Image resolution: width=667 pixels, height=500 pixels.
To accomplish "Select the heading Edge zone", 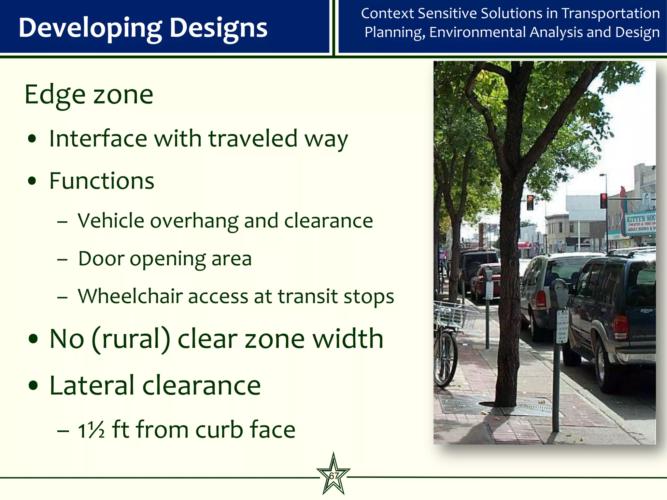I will [89, 95].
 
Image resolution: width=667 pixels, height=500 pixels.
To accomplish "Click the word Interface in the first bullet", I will [98, 139].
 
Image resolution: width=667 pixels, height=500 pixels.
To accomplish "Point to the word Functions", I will [102, 181].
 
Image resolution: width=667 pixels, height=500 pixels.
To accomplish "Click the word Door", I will [101, 259].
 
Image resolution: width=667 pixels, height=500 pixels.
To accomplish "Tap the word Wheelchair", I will [130, 296].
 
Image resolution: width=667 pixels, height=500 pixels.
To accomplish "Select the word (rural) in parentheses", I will [131, 339].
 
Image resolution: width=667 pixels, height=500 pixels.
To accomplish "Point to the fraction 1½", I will [91, 430].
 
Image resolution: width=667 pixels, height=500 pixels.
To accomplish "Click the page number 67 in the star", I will [333, 476].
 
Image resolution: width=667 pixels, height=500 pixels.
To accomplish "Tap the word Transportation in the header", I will [611, 14].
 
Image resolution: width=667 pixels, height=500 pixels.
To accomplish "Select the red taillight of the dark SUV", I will [621, 327].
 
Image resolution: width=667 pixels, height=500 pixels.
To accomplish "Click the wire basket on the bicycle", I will [451, 314].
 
